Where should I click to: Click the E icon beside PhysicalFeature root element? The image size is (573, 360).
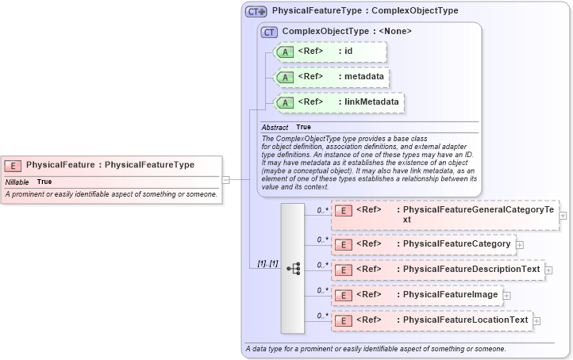click(x=13, y=165)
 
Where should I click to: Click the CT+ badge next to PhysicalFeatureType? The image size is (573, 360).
click(x=256, y=12)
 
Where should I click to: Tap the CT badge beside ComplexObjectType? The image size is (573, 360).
click(x=269, y=32)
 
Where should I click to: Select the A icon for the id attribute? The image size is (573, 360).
click(x=284, y=52)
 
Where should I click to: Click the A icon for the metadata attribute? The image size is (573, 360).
click(x=284, y=77)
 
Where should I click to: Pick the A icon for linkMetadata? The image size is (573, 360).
click(x=284, y=102)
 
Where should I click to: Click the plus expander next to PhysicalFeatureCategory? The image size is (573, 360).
click(x=520, y=244)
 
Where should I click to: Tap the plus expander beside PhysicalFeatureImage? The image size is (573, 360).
click(x=507, y=295)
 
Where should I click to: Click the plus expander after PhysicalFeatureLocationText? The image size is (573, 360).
click(x=537, y=320)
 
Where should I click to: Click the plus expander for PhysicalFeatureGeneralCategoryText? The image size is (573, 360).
click(x=563, y=214)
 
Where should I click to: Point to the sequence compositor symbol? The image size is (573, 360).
click(x=293, y=268)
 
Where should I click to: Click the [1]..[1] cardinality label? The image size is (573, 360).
click(x=267, y=262)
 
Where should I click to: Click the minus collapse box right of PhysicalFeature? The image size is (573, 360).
click(x=226, y=179)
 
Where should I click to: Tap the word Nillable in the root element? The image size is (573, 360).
click(x=17, y=182)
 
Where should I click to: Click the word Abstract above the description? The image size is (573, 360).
click(x=275, y=127)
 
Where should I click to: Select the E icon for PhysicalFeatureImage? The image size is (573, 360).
click(x=344, y=295)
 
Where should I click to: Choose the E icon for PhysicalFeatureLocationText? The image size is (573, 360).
click(x=344, y=320)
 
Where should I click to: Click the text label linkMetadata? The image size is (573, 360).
click(x=371, y=102)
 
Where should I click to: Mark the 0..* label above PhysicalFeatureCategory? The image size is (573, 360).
click(x=322, y=239)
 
